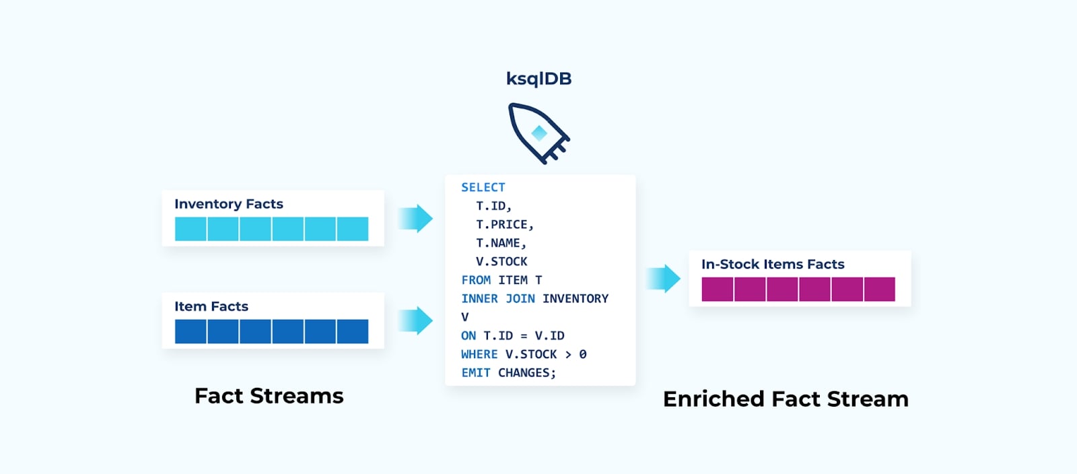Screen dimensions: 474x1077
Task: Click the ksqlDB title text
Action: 538,79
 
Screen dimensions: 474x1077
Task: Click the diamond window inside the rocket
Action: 539,133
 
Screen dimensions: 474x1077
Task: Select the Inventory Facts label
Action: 229,204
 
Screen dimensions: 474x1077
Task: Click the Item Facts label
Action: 211,306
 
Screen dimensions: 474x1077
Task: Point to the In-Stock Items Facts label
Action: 773,265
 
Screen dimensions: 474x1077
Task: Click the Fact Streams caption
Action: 269,396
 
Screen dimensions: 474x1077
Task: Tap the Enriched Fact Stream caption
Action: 786,399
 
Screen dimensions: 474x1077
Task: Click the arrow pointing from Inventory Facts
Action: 416,219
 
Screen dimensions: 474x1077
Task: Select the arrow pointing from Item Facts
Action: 416,320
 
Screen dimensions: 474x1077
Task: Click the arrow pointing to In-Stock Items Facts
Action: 664,279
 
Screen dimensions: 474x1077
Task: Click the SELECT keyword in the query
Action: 483,188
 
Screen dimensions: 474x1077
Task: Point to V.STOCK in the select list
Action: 501,262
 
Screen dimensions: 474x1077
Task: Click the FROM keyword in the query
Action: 476,280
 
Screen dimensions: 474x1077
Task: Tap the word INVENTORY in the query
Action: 576,299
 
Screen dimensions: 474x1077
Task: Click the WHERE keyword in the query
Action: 479,354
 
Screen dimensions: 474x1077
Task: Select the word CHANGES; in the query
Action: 527,373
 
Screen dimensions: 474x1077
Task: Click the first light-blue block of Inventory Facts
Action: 190,229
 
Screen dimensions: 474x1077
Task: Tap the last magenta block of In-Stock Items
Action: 879,290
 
